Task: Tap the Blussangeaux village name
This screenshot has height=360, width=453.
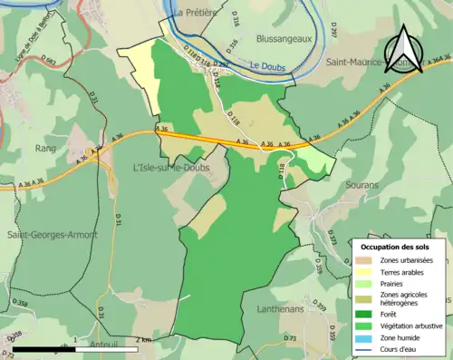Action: (260, 39)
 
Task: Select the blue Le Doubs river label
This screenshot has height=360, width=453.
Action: (266, 66)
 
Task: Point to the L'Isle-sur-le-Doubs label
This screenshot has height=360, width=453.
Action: (170, 166)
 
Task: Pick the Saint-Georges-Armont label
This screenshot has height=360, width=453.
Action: (52, 235)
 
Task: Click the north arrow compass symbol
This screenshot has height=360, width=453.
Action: (403, 50)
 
